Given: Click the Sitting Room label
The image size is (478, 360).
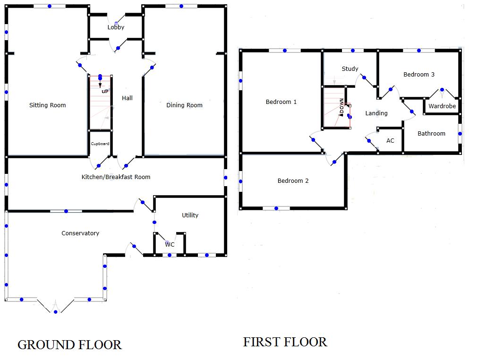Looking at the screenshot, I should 48,105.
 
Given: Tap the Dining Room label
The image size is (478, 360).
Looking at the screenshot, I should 184,105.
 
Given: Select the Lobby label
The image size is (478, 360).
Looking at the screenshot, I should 116,27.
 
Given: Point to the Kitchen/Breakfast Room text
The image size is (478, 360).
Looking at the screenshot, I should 116,177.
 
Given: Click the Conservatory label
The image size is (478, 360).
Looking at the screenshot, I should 80,233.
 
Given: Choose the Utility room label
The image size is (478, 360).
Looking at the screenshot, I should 190,215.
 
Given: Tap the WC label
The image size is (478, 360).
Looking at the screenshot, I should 170,245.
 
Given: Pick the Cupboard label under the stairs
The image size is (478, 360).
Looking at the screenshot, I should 100,144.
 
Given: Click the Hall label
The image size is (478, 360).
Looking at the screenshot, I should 127,98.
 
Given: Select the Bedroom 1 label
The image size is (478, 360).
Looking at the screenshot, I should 281,102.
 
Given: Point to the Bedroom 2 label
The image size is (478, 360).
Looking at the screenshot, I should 293,181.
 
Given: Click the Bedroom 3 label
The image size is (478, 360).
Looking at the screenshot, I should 419,75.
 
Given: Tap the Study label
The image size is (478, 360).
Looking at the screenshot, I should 350,69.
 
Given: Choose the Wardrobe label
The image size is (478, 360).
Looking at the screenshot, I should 442,106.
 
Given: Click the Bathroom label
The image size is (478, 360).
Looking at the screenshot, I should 431,134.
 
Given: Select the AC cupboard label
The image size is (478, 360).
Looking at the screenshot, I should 390,141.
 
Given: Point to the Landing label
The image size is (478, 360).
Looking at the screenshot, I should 376,113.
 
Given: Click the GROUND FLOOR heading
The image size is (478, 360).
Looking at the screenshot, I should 69,345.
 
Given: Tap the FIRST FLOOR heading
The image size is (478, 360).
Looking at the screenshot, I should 285,342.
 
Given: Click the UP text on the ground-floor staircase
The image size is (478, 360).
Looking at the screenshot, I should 105,91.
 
